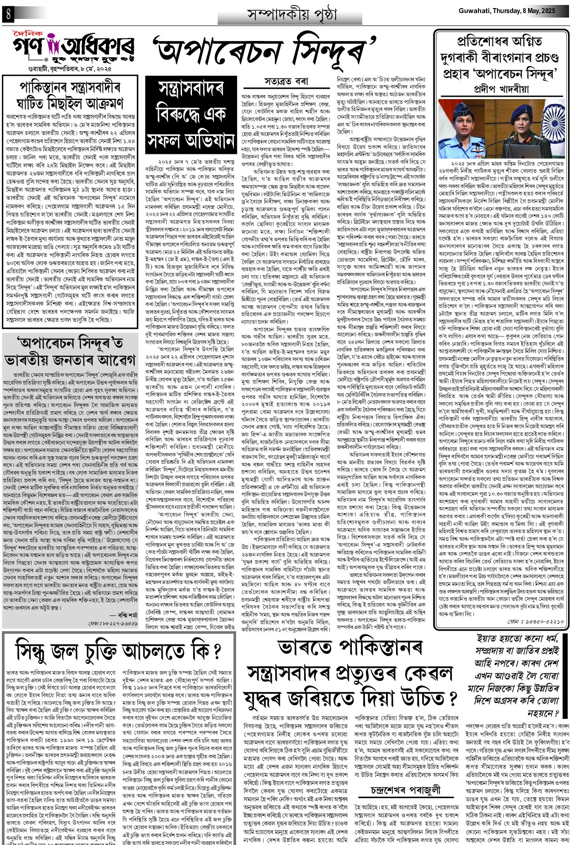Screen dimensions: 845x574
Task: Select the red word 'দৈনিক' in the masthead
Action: [27, 33]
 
